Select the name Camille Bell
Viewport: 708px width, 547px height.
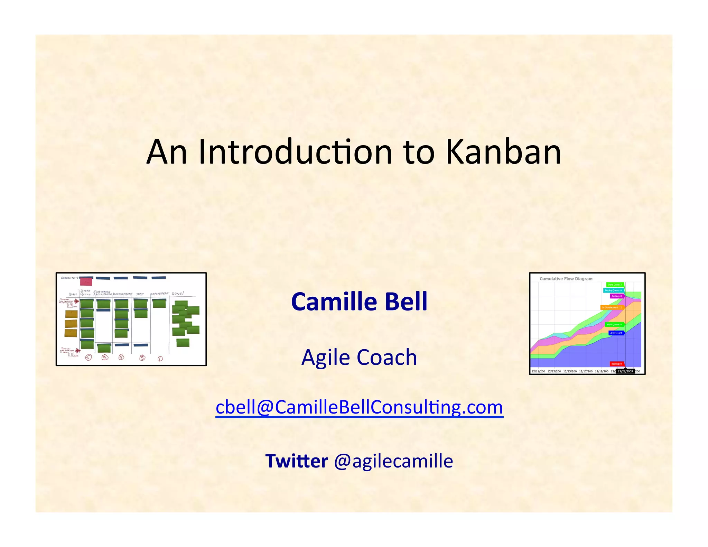point(359,302)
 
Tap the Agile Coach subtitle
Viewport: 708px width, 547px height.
point(359,357)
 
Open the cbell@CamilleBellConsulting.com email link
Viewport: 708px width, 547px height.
point(359,407)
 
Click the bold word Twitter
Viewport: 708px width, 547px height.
point(296,461)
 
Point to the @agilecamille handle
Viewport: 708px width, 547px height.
point(393,461)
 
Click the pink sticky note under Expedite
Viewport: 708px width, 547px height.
point(86,281)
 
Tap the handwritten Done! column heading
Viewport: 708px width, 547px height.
point(178,294)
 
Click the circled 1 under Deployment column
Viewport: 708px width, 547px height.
point(160,359)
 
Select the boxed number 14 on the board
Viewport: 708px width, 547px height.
point(70,305)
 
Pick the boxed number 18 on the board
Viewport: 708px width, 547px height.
point(71,354)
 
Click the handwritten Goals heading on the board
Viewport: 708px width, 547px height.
point(73,294)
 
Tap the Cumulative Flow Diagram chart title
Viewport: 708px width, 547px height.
point(566,279)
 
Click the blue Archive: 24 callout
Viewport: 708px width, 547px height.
point(616,333)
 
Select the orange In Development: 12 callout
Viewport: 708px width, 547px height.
point(612,307)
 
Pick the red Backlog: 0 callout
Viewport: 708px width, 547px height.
point(616,364)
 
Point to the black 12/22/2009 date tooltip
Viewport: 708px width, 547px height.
point(625,371)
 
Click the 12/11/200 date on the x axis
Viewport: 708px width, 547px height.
point(538,371)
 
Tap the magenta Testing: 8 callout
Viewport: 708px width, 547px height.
point(616,296)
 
